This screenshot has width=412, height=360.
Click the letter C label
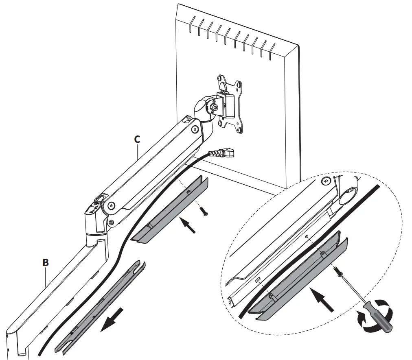pos(137,139)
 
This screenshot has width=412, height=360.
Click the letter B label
pos(46,263)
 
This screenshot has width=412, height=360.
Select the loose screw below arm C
pos(203,210)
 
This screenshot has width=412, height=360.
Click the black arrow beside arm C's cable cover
pos(188,225)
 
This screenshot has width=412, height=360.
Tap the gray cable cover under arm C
pos(171,211)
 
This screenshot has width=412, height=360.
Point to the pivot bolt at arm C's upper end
pos(194,130)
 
